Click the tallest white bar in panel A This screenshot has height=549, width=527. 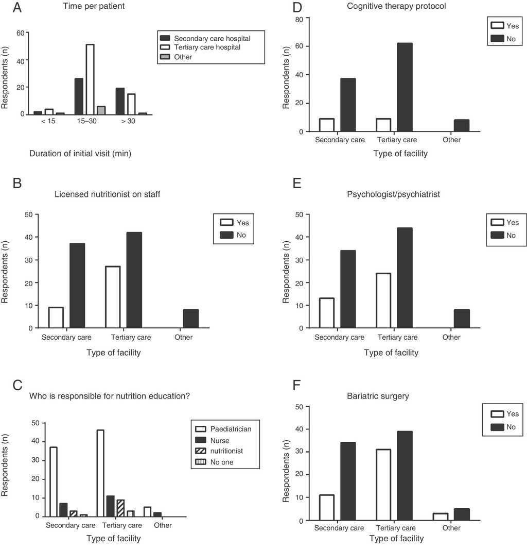coord(90,79)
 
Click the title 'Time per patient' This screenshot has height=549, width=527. coord(94,7)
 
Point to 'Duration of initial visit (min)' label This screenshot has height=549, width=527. coord(80,153)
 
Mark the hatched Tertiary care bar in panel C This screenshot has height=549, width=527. coord(120,508)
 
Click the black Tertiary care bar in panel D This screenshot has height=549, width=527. coord(405,87)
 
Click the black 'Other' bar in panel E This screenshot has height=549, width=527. coord(462,319)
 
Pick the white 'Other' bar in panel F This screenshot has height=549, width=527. coord(441,517)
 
